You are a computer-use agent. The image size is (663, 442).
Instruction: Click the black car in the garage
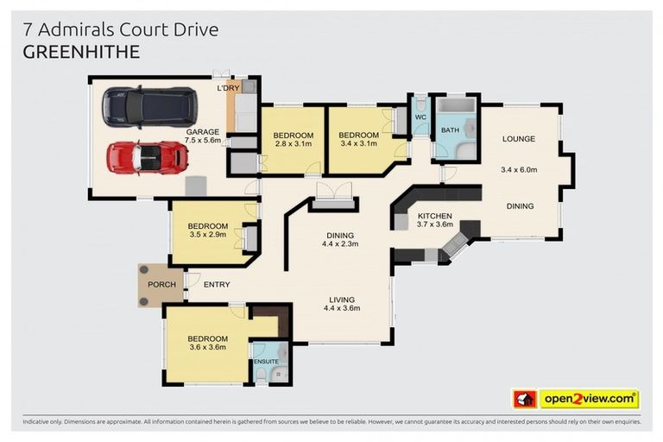pyautogui.click(x=148, y=107)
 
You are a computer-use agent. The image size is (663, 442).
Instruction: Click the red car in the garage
pyautogui.click(x=148, y=157)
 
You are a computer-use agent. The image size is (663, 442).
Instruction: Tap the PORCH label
pyautogui.click(x=161, y=285)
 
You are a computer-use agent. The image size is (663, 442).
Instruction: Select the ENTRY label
pyautogui.click(x=217, y=285)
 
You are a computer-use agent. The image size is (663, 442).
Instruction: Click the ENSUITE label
pyautogui.click(x=265, y=360)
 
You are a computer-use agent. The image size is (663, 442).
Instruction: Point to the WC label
pyautogui.click(x=420, y=117)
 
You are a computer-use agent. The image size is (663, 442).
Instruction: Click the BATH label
pyautogui.click(x=450, y=130)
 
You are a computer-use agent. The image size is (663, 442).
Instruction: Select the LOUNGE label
pyautogui.click(x=519, y=139)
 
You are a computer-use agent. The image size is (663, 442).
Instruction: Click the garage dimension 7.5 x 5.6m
pyautogui.click(x=203, y=142)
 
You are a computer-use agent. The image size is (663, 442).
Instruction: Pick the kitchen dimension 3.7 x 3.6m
pyautogui.click(x=434, y=225)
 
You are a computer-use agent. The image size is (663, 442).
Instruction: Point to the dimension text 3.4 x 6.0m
pyautogui.click(x=519, y=170)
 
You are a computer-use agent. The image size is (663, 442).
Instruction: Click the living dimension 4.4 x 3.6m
pyautogui.click(x=341, y=308)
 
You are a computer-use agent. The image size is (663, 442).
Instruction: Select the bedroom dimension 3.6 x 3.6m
pyautogui.click(x=207, y=348)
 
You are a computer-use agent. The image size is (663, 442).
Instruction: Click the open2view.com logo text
pyautogui.click(x=589, y=399)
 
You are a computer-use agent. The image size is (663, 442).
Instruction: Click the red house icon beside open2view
pyautogui.click(x=525, y=399)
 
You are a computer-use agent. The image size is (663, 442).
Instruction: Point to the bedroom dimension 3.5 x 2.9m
pyautogui.click(x=207, y=236)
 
